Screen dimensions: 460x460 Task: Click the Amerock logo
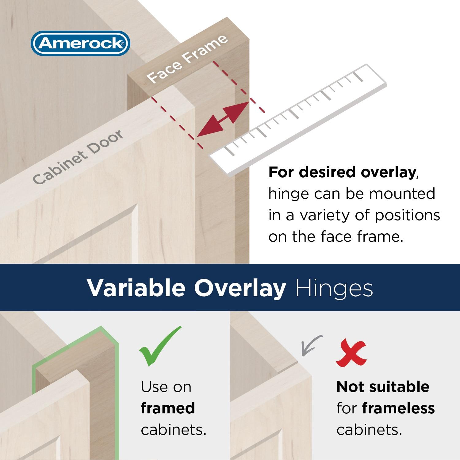pyautogui.click(x=80, y=44)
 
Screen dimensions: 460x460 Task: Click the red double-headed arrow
pyautogui.click(x=223, y=119)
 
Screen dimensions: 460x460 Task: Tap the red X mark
pyautogui.click(x=351, y=353)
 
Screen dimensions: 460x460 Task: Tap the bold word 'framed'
pyautogui.click(x=168, y=408)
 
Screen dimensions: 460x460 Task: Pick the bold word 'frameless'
pyautogui.click(x=398, y=408)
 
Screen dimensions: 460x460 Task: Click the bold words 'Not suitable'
pyautogui.click(x=383, y=387)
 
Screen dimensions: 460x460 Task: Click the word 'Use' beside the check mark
pyautogui.click(x=153, y=387)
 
